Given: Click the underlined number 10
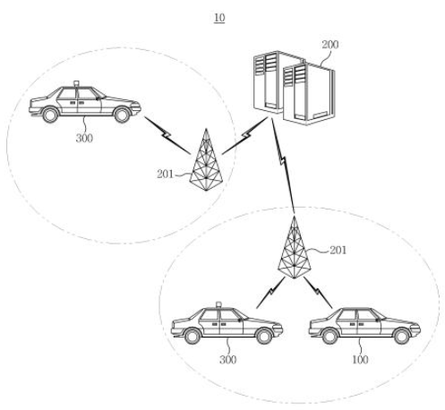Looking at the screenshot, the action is pyautogui.click(x=219, y=18).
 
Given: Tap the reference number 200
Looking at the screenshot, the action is pyautogui.click(x=329, y=45).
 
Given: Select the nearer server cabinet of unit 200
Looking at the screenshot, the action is pyautogui.click(x=309, y=94).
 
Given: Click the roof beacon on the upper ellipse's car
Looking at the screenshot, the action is pyautogui.click(x=77, y=83).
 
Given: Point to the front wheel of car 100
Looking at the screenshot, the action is pyautogui.click(x=401, y=336).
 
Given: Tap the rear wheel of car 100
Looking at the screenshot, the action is pyautogui.click(x=329, y=336).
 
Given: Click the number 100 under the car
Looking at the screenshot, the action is pyautogui.click(x=360, y=360).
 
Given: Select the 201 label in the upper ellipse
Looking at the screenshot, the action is pyautogui.click(x=165, y=174).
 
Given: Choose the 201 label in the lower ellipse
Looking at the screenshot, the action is pyautogui.click(x=338, y=250).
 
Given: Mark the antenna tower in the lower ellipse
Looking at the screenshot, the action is pyautogui.click(x=294, y=248).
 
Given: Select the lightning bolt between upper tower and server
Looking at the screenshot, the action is pyautogui.click(x=245, y=135).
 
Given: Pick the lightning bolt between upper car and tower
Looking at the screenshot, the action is pyautogui.click(x=167, y=135).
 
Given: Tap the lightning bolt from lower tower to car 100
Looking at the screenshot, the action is pyautogui.click(x=318, y=293).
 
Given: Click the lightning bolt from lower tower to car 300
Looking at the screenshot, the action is pyautogui.click(x=270, y=293).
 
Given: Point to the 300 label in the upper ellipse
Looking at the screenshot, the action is pyautogui.click(x=84, y=138).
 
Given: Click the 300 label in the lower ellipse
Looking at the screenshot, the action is pyautogui.click(x=227, y=360).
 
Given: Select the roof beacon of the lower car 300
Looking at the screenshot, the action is pyautogui.click(x=218, y=304).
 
